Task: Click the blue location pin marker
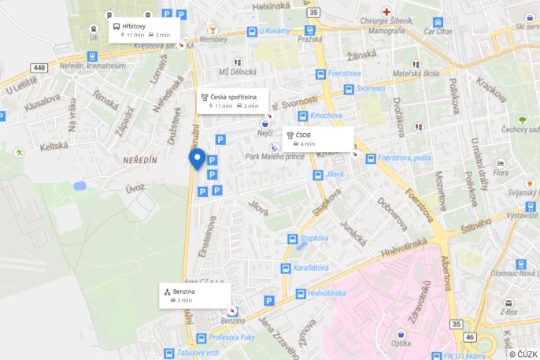pyautogui.click(x=198, y=158)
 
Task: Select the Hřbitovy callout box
pyautogui.click(x=144, y=30)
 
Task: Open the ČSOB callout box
pyautogui.click(x=317, y=139)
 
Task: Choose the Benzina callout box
pyautogui.click(x=194, y=295)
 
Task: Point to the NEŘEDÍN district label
pyautogui.click(x=140, y=160)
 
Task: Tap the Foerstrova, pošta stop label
pyautogui.click(x=404, y=158)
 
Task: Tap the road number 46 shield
pyautogui.click(x=470, y=336)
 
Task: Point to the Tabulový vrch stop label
pyautogui.click(x=196, y=353)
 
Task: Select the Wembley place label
pyautogui.click(x=213, y=39)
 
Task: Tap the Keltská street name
pyautogui.click(x=54, y=145)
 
